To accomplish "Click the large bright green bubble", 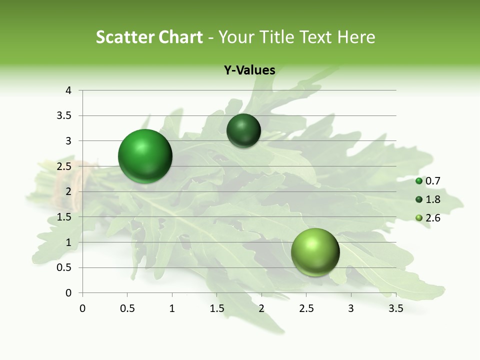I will [x=145, y=156].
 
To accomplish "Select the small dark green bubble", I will [x=243, y=131].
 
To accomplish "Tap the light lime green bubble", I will [x=315, y=252].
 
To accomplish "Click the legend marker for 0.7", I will [x=419, y=181].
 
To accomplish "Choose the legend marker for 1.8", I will [x=419, y=199].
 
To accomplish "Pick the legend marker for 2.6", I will [x=419, y=218].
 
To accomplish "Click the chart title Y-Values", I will [x=249, y=70].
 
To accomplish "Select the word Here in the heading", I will [x=356, y=37].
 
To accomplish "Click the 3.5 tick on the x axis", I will [x=395, y=308].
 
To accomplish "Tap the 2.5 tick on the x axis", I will [x=306, y=308].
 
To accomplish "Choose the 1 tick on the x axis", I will [x=172, y=308].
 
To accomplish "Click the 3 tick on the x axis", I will [x=351, y=308].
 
